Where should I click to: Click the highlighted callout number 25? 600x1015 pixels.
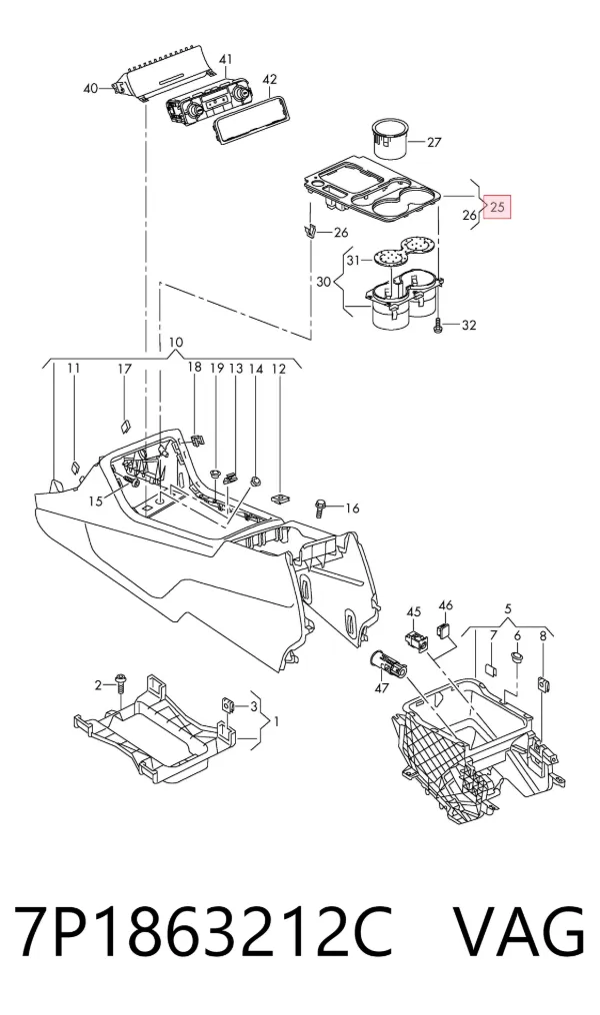coord(498,208)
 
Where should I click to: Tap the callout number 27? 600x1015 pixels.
coord(433,141)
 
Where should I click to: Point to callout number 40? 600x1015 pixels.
coord(91,88)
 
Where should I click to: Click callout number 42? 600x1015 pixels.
coord(270,79)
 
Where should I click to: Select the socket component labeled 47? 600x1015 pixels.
coord(386,665)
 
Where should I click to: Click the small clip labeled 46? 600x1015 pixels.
coord(443,629)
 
